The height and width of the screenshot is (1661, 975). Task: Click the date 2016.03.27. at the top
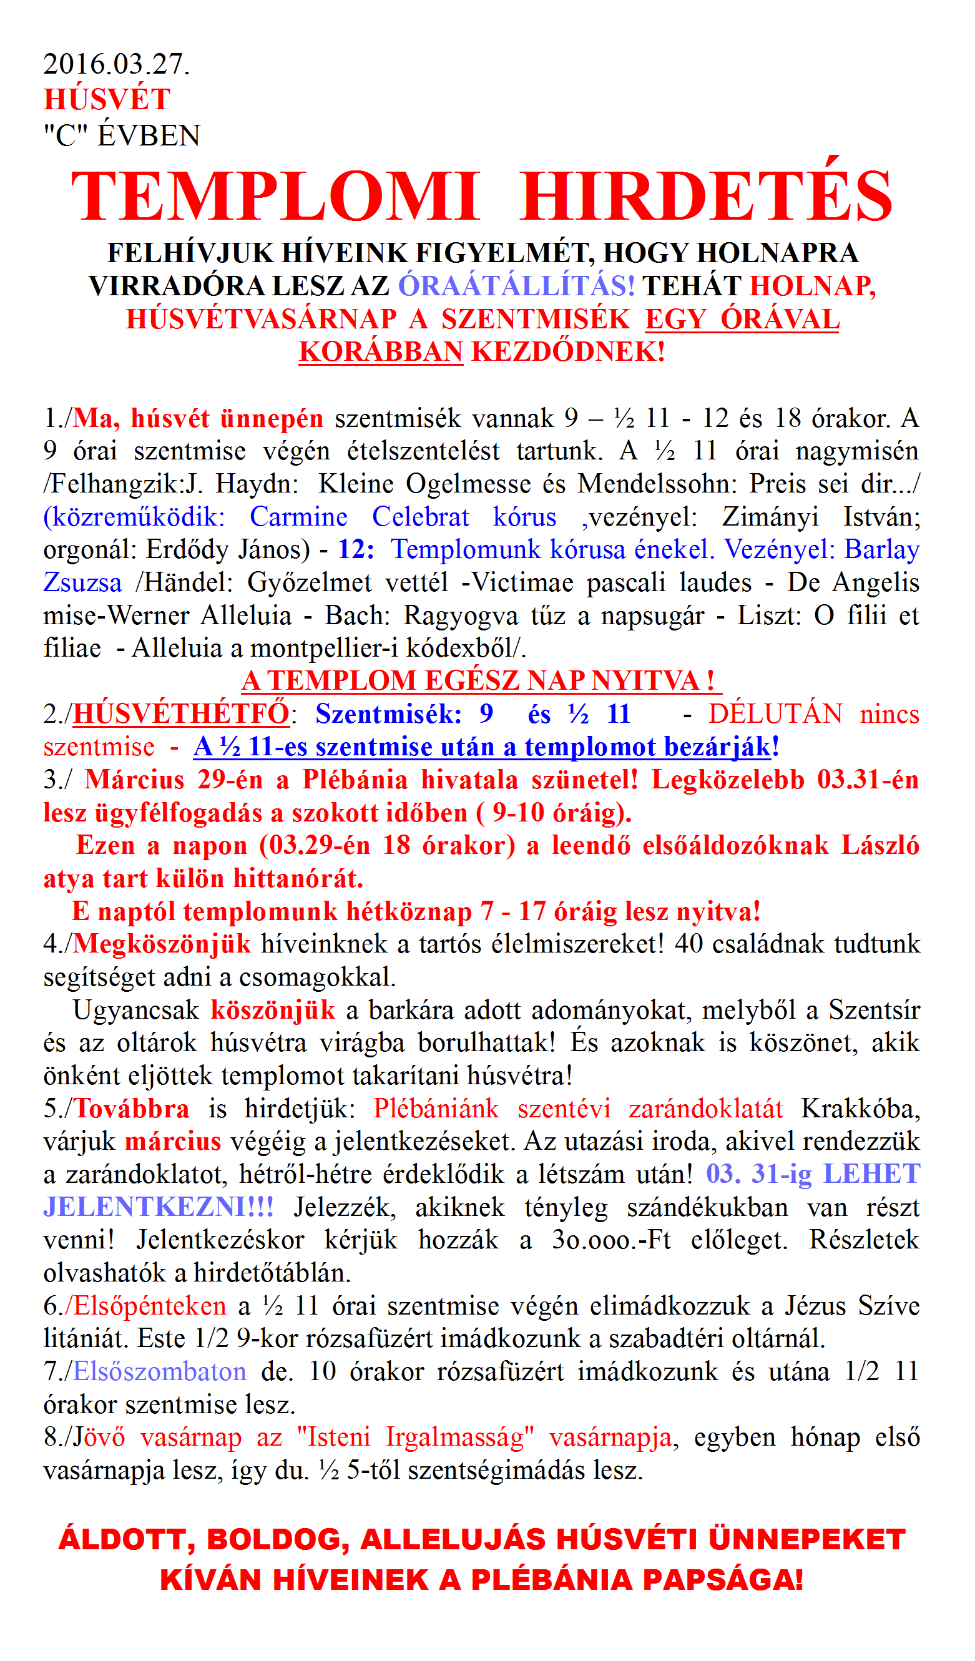116,64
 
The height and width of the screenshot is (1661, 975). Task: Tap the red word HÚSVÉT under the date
107,99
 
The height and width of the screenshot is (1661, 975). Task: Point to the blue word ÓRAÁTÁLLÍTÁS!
516,286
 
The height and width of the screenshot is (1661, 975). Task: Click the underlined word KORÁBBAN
380,352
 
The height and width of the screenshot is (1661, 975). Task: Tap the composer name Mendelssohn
659,484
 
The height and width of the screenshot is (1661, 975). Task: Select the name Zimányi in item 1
770,517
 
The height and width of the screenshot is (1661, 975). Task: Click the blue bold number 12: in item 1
356,550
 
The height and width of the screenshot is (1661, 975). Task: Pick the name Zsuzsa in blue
82,582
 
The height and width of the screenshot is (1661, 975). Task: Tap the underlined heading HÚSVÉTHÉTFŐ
180,714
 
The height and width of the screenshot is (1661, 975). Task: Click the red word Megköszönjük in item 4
162,944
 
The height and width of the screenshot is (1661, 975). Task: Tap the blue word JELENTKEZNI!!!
158,1208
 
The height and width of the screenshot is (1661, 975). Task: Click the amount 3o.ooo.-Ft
611,1240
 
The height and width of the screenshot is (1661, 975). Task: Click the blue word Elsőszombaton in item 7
160,1371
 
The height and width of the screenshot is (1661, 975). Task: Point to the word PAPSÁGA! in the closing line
723,1580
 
